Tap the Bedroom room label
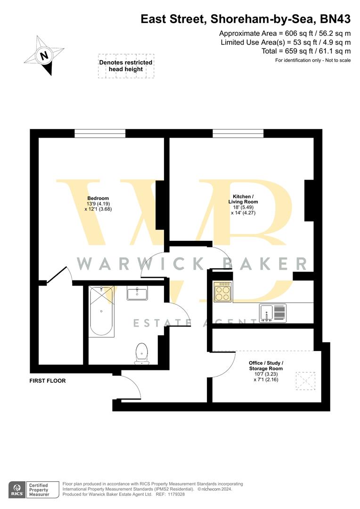[98, 198]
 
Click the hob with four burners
[222, 292]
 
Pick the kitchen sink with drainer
[272, 313]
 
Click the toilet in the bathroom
[141, 353]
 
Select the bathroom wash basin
[137, 293]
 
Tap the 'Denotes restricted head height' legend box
[125, 66]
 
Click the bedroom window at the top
[100, 133]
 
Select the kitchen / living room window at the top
[237, 133]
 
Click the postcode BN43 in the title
[335, 19]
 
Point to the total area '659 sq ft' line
[306, 51]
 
